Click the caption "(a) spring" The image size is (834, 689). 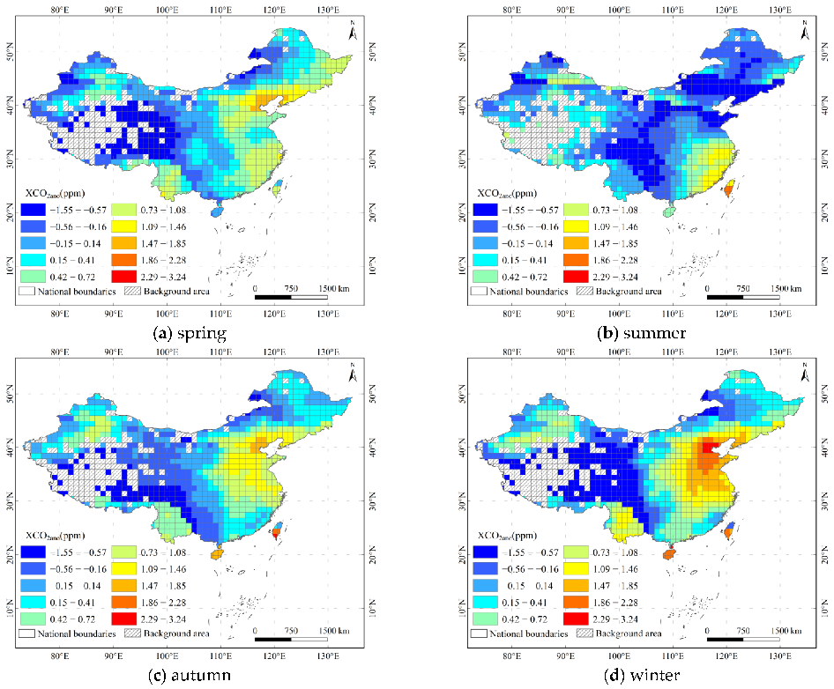pyautogui.click(x=189, y=334)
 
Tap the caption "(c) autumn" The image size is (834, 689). pyautogui.click(x=189, y=676)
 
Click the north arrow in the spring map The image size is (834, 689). pyautogui.click(x=353, y=33)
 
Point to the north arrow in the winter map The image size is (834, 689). pyautogui.click(x=805, y=374)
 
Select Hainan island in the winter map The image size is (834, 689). pyautogui.click(x=671, y=556)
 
